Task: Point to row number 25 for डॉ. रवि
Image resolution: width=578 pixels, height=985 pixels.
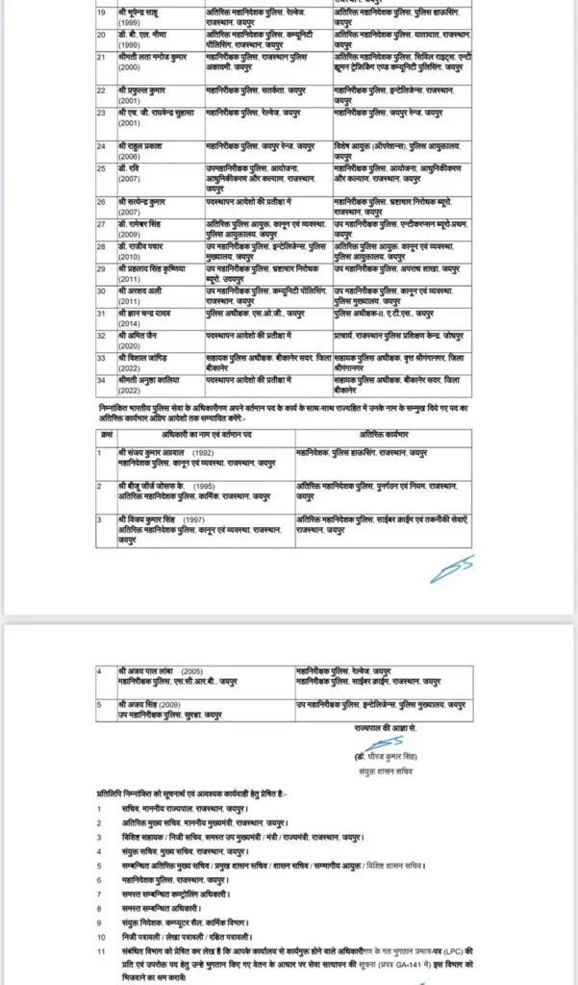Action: click(100, 167)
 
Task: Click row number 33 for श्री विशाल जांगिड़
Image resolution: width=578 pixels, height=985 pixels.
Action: click(100, 356)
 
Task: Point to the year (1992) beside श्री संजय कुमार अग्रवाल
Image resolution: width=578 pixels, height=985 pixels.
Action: click(203, 452)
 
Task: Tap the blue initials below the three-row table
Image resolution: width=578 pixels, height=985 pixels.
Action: click(451, 571)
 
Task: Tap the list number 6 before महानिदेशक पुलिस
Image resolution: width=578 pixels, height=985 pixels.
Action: click(100, 878)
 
